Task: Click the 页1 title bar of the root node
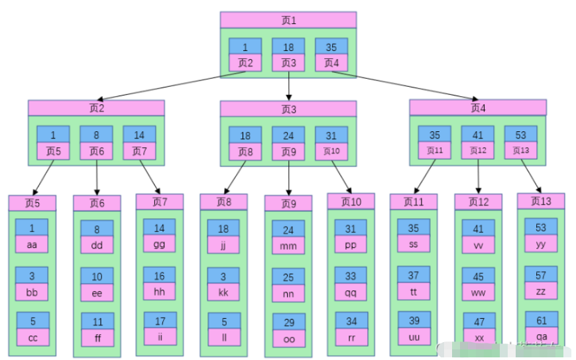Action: point(288,20)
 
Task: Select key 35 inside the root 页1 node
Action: point(331,46)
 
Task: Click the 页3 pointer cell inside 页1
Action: point(288,63)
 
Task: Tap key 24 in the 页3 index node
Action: point(288,135)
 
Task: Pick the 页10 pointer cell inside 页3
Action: point(331,151)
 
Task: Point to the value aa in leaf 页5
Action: point(32,244)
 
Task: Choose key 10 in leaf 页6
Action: point(97,276)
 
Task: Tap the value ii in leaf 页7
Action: point(160,337)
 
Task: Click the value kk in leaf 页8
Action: point(224,292)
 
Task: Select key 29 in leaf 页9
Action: point(288,322)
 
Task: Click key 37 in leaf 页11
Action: point(414,275)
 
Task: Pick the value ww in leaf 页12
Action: point(478,292)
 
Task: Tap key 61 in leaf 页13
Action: point(542,320)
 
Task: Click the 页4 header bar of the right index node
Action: point(478,107)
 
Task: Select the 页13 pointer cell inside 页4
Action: point(521,150)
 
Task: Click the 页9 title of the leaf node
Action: point(288,204)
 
